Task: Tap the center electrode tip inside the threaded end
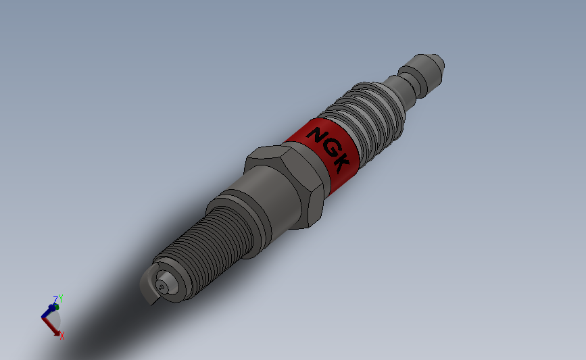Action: coord(162,286)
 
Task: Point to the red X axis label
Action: coord(62,335)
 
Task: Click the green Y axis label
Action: coord(61,298)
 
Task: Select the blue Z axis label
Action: coord(55,298)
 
